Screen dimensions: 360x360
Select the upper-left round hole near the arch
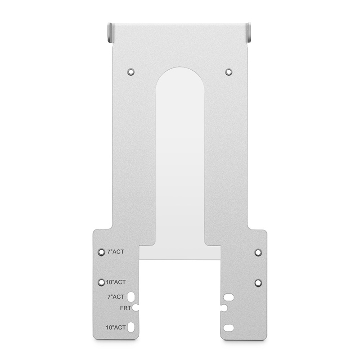(x=131, y=71)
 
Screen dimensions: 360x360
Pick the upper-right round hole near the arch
(x=229, y=71)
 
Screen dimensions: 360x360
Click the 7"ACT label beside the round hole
(x=115, y=252)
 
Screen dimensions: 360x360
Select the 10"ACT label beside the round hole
(x=115, y=282)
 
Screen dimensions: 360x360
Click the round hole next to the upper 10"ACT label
(x=101, y=282)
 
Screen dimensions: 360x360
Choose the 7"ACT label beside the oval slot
(x=116, y=297)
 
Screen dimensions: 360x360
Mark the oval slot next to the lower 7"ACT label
(x=131, y=297)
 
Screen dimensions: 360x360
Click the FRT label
(x=126, y=308)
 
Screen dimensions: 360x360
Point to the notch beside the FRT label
(x=136, y=308)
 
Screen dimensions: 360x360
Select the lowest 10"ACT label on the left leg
(x=115, y=327)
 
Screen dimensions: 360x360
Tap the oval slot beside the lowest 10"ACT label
(x=131, y=327)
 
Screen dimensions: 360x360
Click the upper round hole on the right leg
(x=258, y=252)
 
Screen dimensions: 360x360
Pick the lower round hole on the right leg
(x=258, y=283)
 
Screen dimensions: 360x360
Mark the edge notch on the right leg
(x=223, y=308)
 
